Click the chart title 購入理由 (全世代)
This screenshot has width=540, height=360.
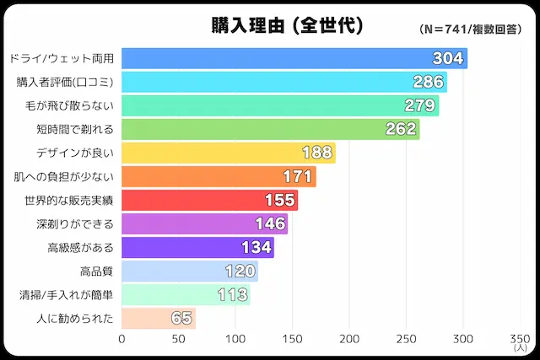pos(287,25)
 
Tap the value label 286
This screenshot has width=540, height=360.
pos(429,82)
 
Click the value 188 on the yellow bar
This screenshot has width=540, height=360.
pos(317,153)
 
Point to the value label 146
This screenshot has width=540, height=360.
pos(270,223)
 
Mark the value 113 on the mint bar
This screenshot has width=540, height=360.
pos(232,294)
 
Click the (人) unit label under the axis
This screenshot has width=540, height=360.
pos(520,348)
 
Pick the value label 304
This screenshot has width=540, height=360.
pos(447,58)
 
